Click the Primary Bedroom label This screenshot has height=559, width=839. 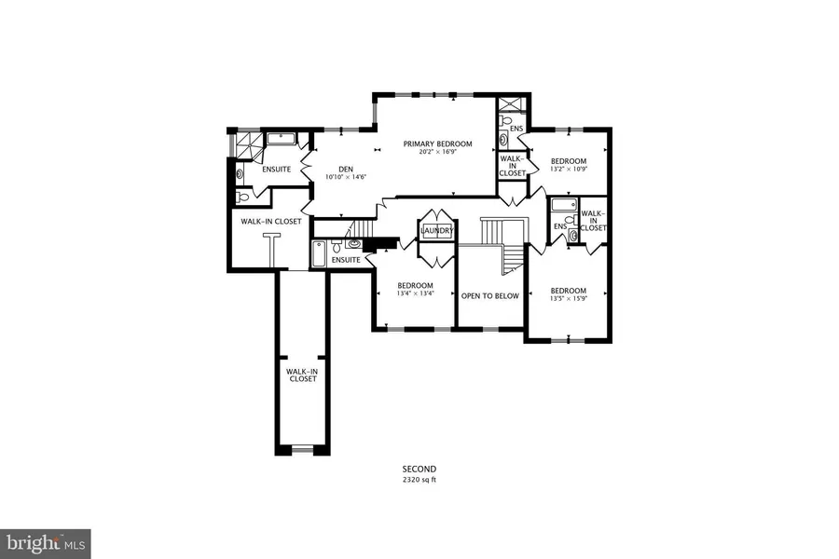pos(438,143)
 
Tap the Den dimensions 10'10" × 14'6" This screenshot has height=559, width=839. pos(346,177)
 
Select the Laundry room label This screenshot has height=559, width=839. pos(437,231)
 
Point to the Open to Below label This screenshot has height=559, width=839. pos(490,296)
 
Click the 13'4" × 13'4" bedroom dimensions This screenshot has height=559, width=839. pos(415,293)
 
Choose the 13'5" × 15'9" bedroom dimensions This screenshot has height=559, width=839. pos(569,298)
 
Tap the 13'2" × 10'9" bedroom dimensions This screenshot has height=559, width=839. pos(569,169)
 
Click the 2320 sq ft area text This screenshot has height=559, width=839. pos(419,480)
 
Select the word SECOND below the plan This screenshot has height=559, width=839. pos(419,470)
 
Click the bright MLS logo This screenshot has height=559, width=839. pos(46,544)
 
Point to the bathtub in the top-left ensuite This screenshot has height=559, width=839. pos(282,140)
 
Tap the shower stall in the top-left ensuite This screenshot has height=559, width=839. pos(248,144)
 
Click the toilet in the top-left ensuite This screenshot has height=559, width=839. pos(242,198)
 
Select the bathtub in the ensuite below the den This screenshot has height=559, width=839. pos(318,253)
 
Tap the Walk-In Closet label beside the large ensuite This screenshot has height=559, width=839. pos(270,222)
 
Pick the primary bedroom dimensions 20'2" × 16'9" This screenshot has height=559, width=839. pos(438,151)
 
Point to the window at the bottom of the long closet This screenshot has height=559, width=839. pos(302,449)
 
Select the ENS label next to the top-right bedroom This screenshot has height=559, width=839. pos(516,129)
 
